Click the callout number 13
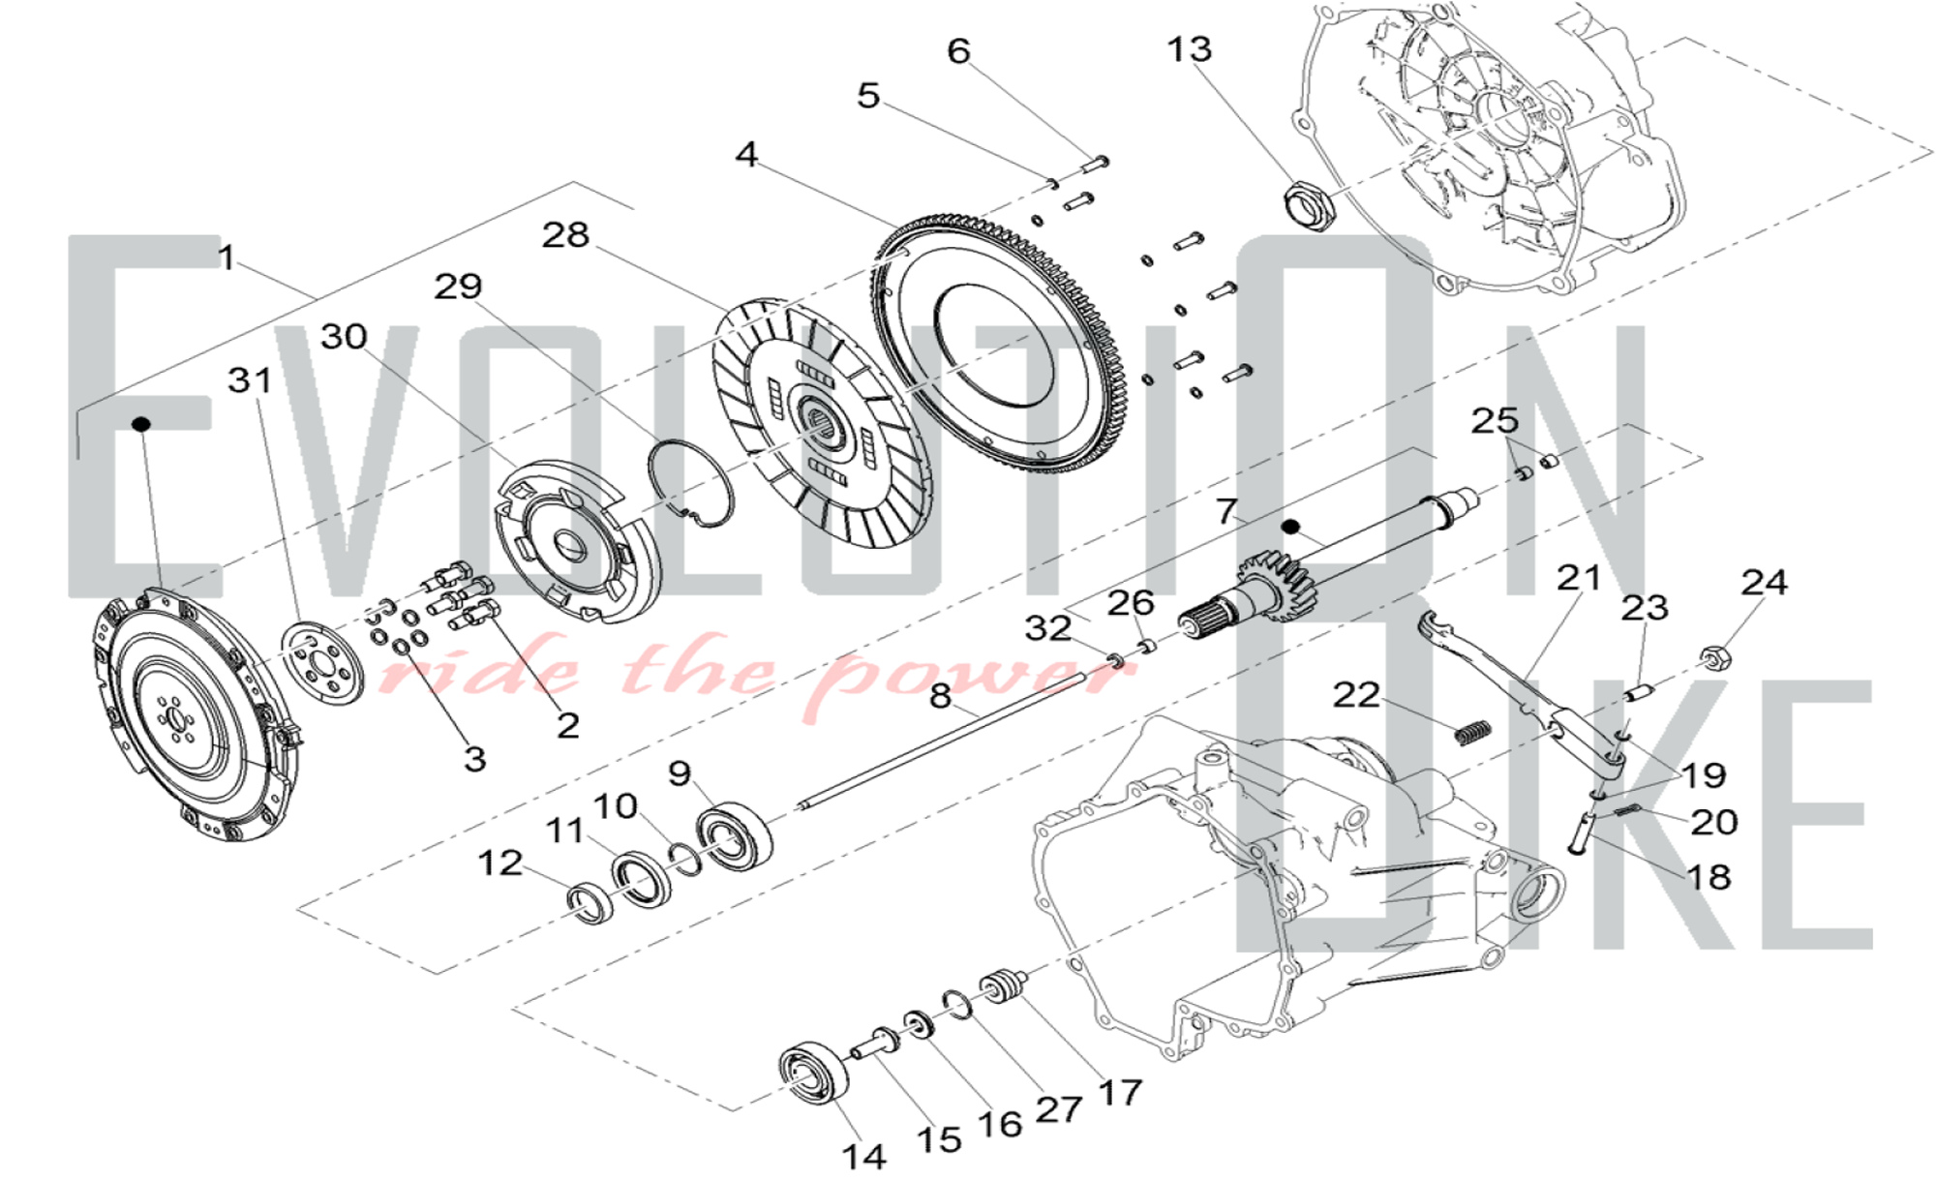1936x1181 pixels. click(1189, 49)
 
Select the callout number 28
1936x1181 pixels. click(565, 234)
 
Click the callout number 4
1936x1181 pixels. click(746, 154)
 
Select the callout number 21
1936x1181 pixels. click(1579, 578)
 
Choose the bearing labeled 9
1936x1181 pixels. click(735, 837)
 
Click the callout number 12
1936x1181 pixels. click(499, 863)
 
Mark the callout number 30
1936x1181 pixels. click(344, 337)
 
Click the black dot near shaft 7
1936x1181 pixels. click(1289, 527)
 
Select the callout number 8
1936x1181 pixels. click(940, 696)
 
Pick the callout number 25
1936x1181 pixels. click(1495, 421)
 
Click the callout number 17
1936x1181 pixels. click(1120, 1093)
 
